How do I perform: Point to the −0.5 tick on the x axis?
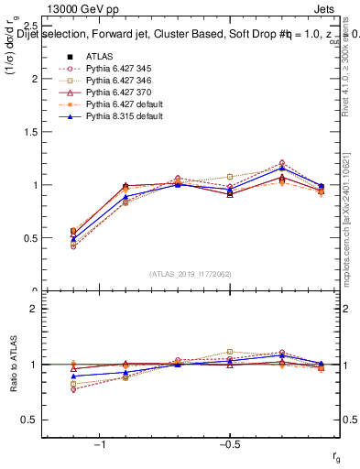(x=229, y=444)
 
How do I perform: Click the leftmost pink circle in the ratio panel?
(x=73, y=389)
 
